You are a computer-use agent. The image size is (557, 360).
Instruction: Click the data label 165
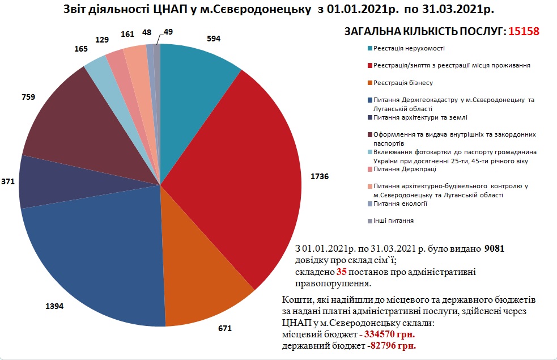(82, 49)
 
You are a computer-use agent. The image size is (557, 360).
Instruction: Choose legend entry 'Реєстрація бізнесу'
(403, 83)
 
